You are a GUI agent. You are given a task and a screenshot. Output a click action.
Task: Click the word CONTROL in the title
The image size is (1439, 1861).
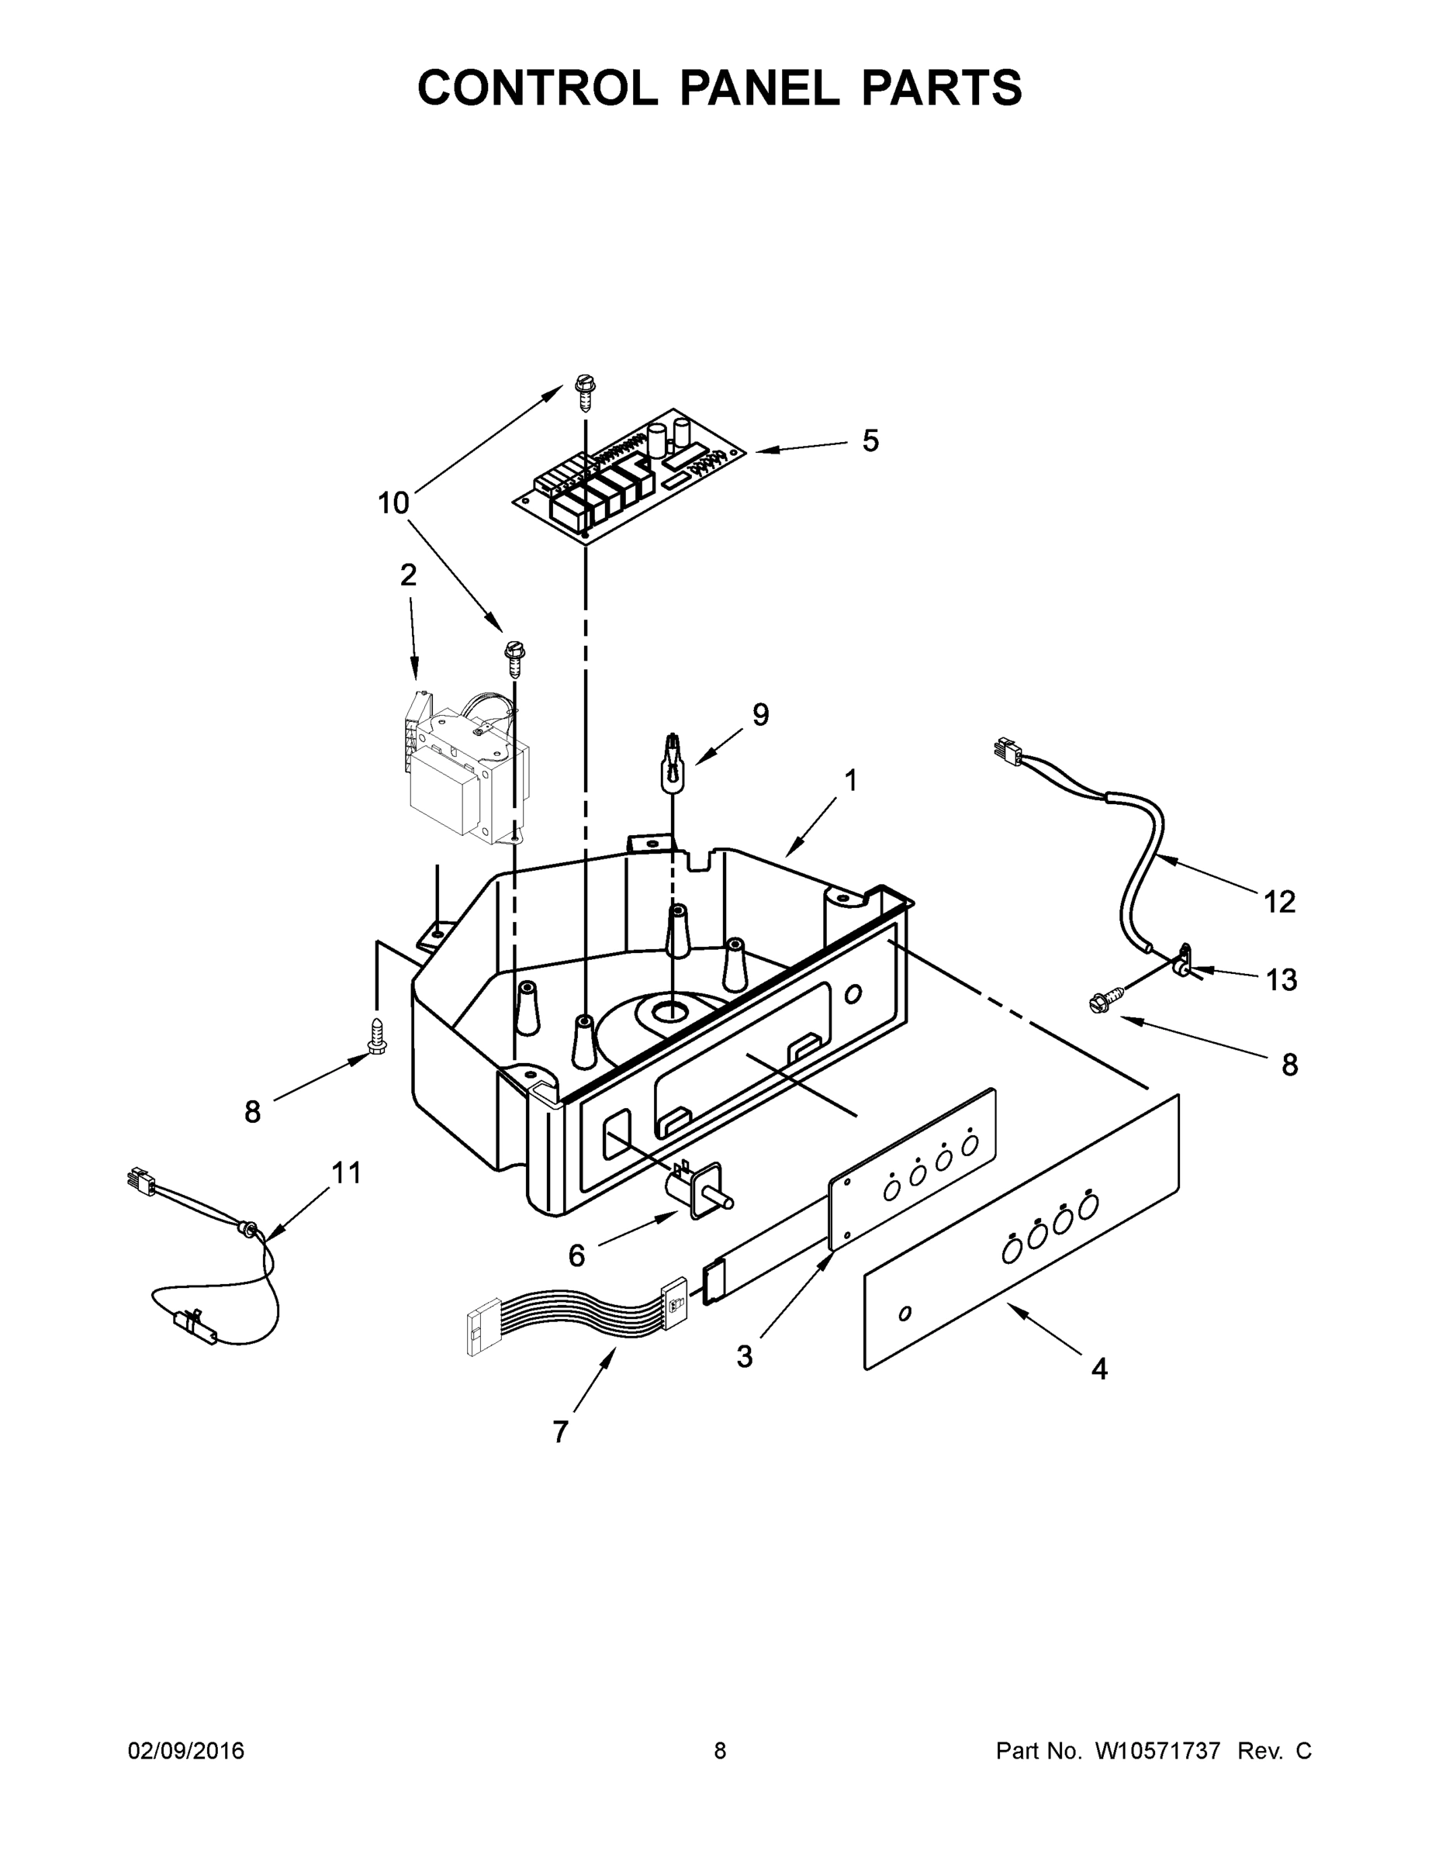point(538,88)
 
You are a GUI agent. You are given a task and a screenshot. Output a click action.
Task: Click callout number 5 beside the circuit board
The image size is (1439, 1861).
point(870,441)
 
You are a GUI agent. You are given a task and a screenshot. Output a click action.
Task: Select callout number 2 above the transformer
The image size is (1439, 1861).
point(408,575)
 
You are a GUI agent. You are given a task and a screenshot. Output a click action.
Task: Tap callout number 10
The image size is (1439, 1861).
point(393,503)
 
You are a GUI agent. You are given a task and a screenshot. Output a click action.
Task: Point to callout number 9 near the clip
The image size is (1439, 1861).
point(760,715)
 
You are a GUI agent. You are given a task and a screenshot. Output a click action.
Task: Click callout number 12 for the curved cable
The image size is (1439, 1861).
point(1278,902)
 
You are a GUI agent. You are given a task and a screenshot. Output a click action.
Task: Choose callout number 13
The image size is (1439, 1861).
point(1282,980)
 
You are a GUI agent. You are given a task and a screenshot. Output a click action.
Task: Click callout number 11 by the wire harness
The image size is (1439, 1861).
point(346,1173)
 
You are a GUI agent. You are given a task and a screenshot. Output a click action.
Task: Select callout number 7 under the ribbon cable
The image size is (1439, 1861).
point(560,1432)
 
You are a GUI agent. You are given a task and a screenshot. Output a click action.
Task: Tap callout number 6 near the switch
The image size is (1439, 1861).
point(577,1255)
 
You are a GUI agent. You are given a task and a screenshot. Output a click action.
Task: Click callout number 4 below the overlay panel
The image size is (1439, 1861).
point(1100,1369)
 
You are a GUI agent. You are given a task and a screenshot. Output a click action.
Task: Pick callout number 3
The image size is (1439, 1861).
point(745,1356)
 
